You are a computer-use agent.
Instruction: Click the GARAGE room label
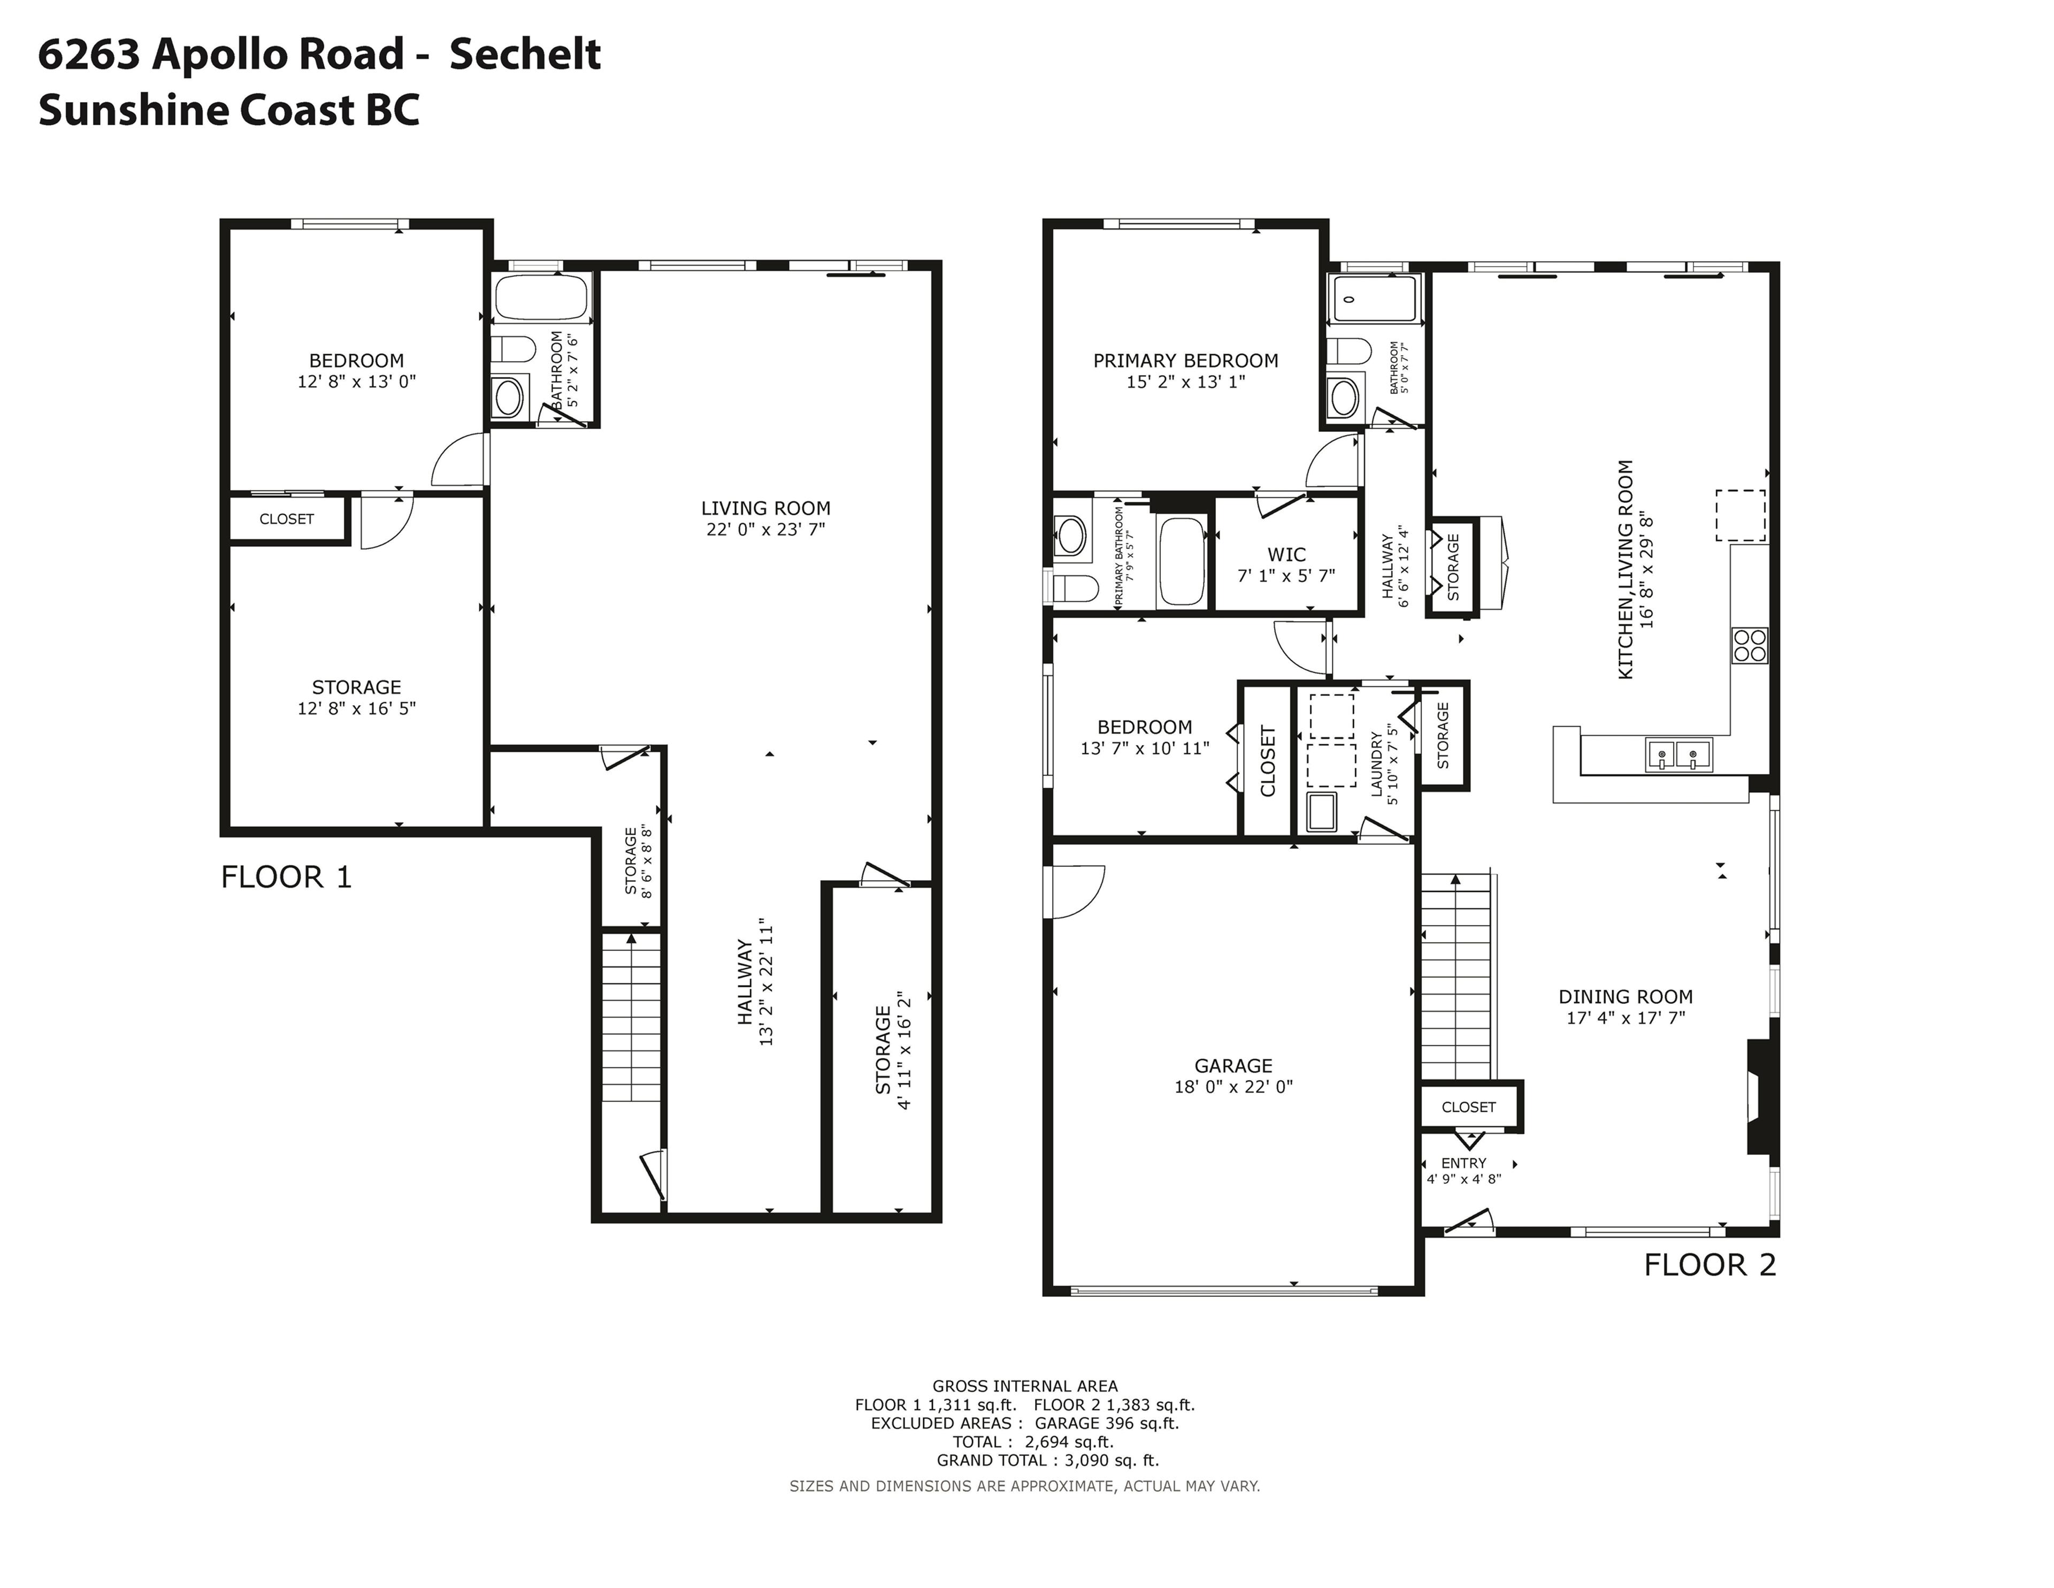tap(1233, 1066)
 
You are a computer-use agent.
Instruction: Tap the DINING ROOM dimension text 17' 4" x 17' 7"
tap(1625, 1018)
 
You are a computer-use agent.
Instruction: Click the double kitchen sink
tap(1679, 754)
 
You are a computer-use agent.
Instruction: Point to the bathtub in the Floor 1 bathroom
tap(541, 297)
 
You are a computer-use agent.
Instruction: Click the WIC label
tap(1286, 555)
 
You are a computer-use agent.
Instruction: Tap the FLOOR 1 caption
tap(286, 877)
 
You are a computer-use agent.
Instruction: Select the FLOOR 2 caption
tap(1710, 1265)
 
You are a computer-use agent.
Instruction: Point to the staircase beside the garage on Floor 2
tap(1456, 979)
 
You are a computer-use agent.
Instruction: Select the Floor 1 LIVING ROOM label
tap(765, 508)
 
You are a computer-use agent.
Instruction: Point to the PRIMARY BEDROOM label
tap(1185, 360)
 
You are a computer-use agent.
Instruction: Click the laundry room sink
tap(1321, 812)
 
